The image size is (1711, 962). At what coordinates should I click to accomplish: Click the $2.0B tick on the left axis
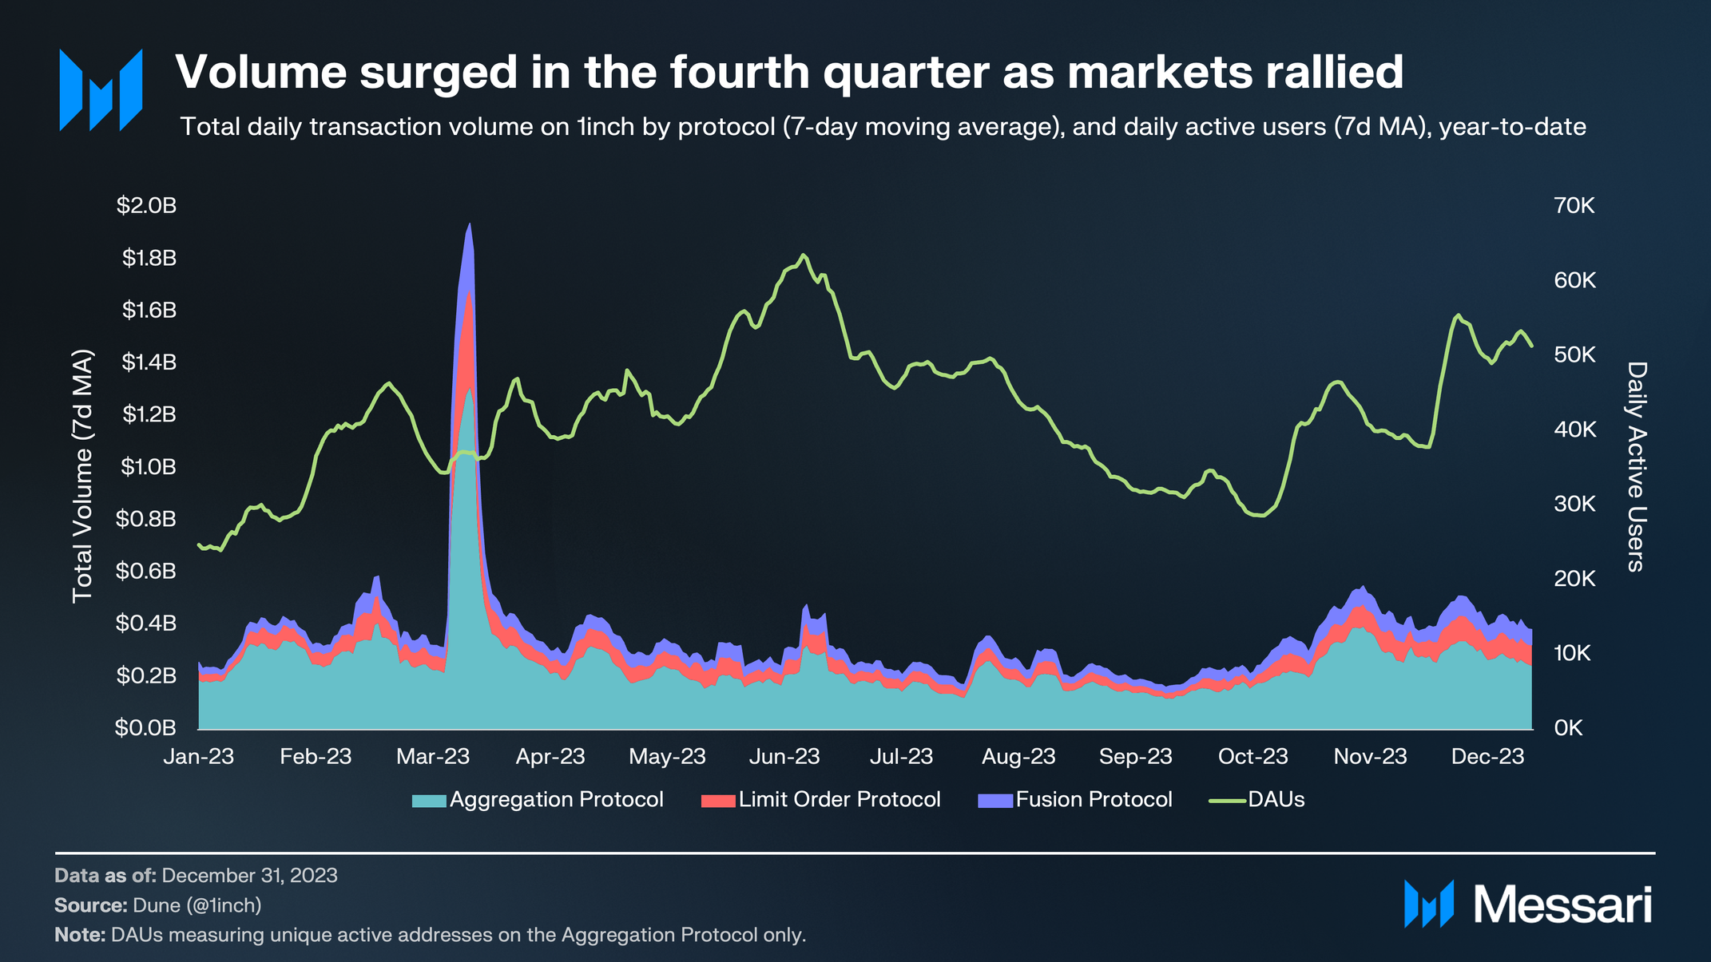(x=146, y=206)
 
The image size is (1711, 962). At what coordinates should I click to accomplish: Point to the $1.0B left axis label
(x=148, y=467)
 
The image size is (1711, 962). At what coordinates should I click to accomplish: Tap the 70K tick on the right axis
(x=1574, y=206)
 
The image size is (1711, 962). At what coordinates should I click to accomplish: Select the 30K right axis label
(x=1574, y=505)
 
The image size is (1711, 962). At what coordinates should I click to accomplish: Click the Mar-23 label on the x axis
(x=433, y=757)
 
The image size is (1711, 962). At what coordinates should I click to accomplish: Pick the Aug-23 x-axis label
(x=1018, y=757)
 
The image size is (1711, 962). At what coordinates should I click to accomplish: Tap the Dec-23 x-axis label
(x=1487, y=757)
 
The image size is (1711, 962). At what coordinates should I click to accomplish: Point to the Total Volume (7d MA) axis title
(x=83, y=477)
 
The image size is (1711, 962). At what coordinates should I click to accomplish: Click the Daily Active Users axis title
(x=1636, y=467)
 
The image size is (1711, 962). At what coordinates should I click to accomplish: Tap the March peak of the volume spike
(x=469, y=225)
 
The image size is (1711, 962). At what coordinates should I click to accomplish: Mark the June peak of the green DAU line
(x=804, y=255)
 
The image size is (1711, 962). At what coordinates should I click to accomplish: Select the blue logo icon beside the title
(x=101, y=89)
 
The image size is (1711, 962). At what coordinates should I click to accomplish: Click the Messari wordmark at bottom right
(x=1562, y=905)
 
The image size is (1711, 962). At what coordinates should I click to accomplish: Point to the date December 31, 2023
(x=249, y=876)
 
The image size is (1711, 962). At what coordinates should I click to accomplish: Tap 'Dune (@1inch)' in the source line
(x=197, y=905)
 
